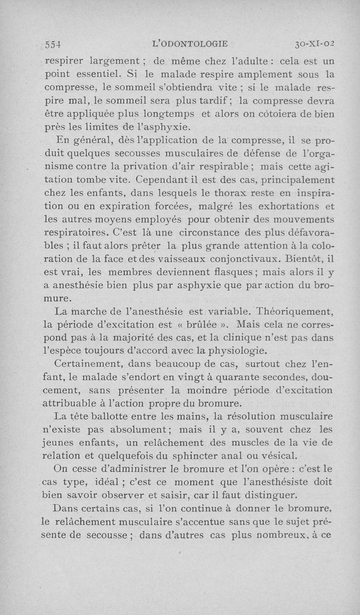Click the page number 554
(x=54, y=44)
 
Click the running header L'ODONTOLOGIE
(x=190, y=44)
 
